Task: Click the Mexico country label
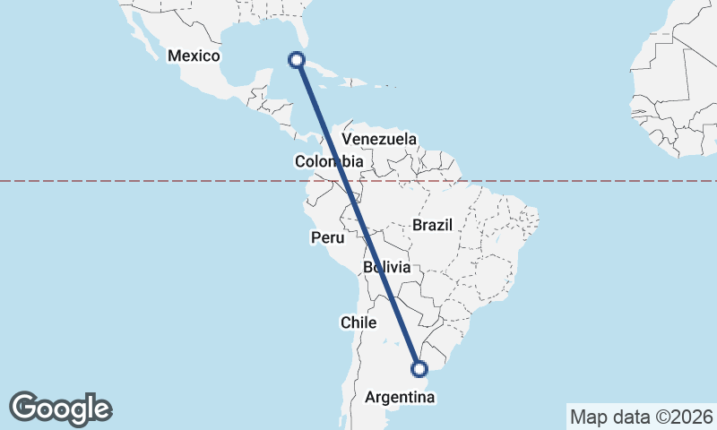[x=194, y=56]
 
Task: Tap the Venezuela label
[x=380, y=140]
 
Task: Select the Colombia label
[x=328, y=162]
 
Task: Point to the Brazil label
[x=433, y=225]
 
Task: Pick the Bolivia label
[x=387, y=268]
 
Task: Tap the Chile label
[x=358, y=322]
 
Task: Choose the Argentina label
[x=401, y=395]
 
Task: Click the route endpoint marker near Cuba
[x=296, y=60]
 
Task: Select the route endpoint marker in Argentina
[x=419, y=367]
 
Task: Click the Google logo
[x=61, y=408]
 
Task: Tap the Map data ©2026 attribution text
[x=641, y=417]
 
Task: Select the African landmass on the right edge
[x=681, y=81]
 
